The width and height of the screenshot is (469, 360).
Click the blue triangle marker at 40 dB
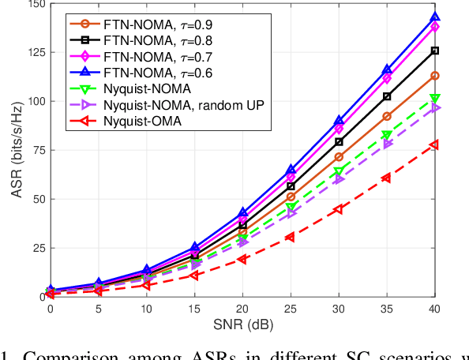(435, 17)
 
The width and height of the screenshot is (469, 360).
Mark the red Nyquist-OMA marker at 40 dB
(435, 144)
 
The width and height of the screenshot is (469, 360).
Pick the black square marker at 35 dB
(387, 96)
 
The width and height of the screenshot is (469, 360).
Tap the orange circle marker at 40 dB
(435, 76)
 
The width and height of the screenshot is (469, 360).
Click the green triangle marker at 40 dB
(435, 98)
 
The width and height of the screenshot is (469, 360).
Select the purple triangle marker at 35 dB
(387, 144)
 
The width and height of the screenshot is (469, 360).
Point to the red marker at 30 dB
(339, 209)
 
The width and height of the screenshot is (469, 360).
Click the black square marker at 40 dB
(435, 51)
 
